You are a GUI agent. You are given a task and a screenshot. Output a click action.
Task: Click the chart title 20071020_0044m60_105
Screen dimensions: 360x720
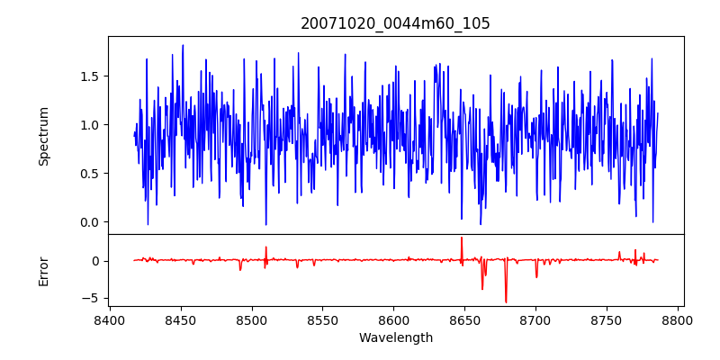point(396,23)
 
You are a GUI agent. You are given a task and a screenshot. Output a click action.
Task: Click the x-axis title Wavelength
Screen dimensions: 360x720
point(396,338)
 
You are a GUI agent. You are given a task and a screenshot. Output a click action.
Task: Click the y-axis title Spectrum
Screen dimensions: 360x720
point(44,136)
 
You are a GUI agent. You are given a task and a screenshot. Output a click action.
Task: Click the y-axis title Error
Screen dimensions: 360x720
point(44,271)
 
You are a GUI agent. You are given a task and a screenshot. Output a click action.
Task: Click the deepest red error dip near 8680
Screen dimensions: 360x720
point(506,301)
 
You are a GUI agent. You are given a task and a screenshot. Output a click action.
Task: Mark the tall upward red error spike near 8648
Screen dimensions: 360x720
point(462,238)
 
